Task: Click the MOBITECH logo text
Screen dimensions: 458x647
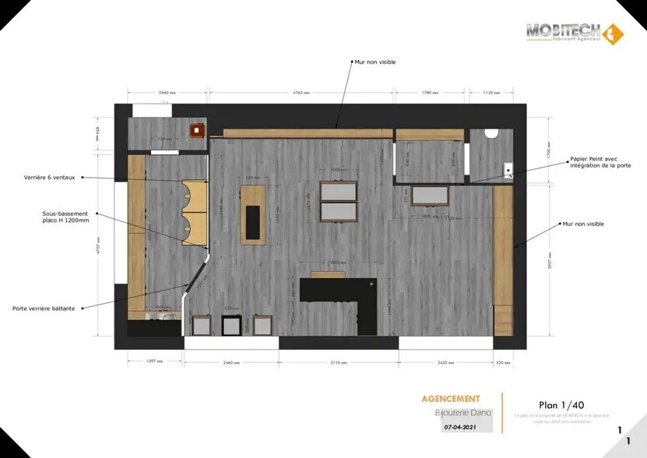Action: tap(563, 30)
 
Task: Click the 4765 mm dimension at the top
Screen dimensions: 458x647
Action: tap(303, 93)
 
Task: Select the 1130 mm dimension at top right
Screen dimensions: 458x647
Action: tap(491, 93)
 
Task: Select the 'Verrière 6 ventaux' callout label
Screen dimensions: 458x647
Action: tap(49, 178)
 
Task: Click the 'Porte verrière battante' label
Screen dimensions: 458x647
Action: tap(44, 308)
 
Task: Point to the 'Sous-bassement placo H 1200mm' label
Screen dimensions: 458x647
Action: tap(66, 217)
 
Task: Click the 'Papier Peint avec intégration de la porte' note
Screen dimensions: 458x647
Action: tap(600, 162)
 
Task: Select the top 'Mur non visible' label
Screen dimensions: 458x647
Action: tap(374, 62)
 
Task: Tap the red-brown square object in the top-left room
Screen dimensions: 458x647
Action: tap(198, 129)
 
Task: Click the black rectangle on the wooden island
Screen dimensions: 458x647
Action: tap(253, 221)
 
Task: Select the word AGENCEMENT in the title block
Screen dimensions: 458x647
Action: tap(451, 399)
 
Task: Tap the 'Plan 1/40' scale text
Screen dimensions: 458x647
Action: tap(561, 404)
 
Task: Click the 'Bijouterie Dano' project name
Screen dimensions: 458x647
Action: tap(463, 413)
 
